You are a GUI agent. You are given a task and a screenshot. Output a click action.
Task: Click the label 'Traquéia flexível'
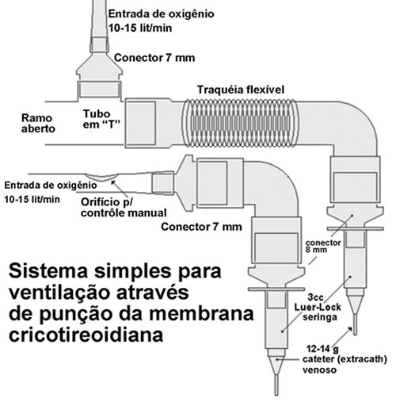(x=241, y=90)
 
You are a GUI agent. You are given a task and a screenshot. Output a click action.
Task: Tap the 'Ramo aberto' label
(x=38, y=123)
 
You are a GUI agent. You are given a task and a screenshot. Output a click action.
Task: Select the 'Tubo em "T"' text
(x=101, y=119)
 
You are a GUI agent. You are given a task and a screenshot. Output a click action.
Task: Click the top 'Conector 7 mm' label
(x=154, y=58)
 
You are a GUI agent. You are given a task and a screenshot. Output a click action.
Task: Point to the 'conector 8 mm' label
(x=323, y=246)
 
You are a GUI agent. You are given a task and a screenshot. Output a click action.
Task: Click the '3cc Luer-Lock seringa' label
(x=318, y=307)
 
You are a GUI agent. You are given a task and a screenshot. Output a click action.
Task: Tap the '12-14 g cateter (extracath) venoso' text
(x=345, y=359)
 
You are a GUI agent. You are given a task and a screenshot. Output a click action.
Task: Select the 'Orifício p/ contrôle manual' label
(x=124, y=208)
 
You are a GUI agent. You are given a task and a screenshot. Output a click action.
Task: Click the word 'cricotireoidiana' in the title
(x=86, y=335)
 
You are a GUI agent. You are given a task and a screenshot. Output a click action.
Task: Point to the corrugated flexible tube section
(x=240, y=123)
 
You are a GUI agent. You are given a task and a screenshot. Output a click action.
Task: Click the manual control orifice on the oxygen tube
(x=101, y=177)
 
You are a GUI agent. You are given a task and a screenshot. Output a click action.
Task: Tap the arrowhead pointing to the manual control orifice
(x=113, y=182)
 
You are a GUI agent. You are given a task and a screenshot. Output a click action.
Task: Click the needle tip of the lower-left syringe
(x=276, y=395)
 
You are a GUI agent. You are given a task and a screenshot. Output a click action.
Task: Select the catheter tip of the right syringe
(x=355, y=334)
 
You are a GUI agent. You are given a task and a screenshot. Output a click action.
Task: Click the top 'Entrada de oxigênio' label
(x=161, y=13)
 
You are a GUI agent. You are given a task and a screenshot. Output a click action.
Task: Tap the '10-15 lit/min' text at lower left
(x=32, y=199)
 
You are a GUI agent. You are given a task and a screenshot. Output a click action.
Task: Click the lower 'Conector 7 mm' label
(x=201, y=227)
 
